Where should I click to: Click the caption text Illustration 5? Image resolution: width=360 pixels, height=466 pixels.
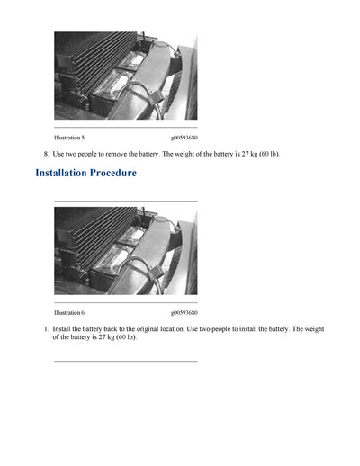coord(69,138)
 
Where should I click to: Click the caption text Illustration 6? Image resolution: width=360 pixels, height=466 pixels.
coord(69,312)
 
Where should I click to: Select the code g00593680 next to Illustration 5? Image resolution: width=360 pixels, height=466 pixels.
coord(184,138)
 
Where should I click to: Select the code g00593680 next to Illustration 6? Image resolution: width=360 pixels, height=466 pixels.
coord(184,312)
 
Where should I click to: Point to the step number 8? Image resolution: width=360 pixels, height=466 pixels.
coord(46,154)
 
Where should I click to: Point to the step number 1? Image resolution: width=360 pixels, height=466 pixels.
coord(46,329)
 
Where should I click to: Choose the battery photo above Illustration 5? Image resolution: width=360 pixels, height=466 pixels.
coord(125,76)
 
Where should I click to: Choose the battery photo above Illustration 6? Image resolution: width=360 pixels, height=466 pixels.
coord(125,251)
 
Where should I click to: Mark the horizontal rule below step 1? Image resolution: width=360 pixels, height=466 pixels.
coord(125,361)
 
